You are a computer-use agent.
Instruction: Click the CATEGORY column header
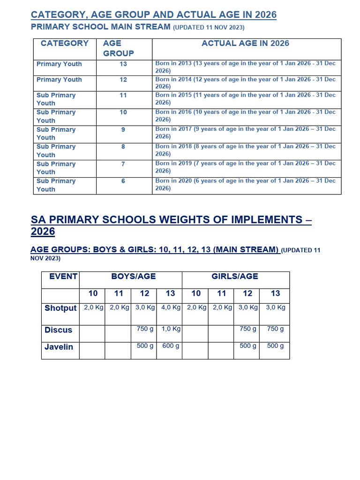click(65, 44)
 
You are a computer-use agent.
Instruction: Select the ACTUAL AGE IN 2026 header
click(246, 44)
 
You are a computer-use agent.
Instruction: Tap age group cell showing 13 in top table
click(123, 64)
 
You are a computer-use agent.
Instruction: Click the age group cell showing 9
click(123, 129)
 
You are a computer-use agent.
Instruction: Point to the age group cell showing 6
click(123, 181)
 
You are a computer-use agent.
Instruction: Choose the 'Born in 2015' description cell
click(246, 98)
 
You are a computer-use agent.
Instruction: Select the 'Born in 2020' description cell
click(246, 184)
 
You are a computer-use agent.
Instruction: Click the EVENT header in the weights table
click(63, 277)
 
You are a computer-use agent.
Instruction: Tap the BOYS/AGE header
click(133, 277)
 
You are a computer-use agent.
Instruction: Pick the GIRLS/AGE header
click(235, 277)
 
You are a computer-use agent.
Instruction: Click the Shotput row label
click(60, 308)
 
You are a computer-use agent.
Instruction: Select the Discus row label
click(59, 330)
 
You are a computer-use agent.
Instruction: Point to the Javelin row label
click(59, 347)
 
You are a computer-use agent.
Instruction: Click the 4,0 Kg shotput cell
click(171, 307)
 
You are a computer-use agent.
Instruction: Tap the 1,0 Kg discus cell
click(171, 329)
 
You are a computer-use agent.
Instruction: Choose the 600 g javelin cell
click(171, 346)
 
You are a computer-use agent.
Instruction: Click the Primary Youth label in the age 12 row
click(59, 80)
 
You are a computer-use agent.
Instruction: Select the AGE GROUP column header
click(119, 48)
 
